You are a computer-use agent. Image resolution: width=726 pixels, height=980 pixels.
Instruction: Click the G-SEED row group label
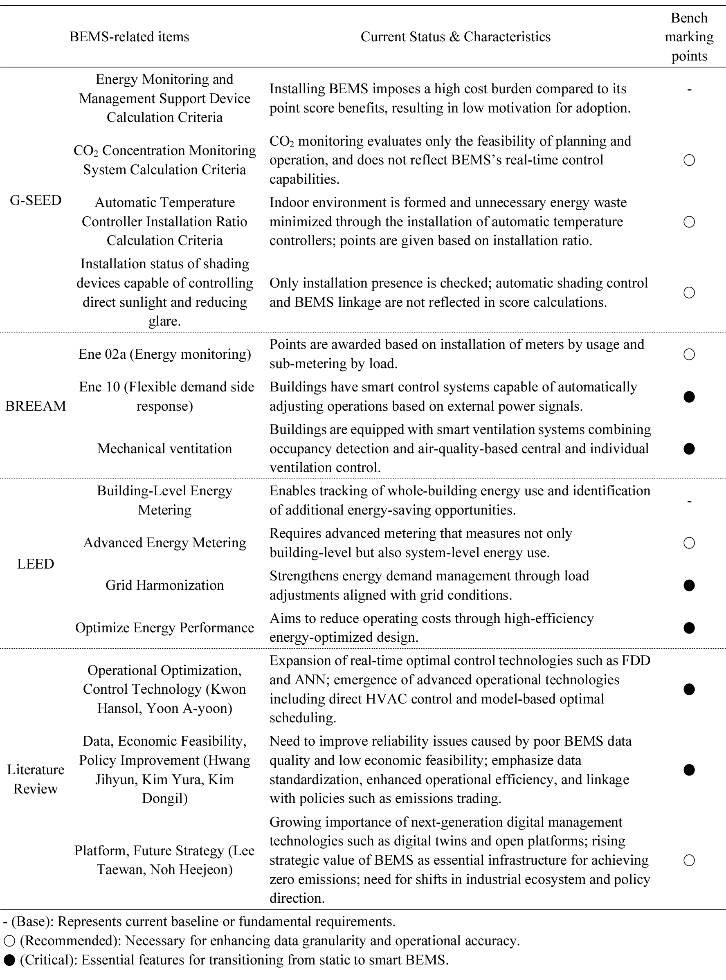coord(36,200)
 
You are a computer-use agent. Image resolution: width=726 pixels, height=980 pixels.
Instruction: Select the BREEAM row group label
coord(36,406)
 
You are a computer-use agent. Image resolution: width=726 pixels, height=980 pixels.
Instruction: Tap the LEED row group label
coord(36,564)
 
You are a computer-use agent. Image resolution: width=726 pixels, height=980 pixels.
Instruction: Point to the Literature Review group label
coord(36,779)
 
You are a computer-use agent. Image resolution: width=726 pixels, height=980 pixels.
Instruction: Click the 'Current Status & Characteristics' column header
coord(455,37)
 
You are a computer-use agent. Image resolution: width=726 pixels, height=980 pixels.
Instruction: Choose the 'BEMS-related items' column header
coord(129,37)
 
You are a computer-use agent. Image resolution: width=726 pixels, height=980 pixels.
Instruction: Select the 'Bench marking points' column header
coord(689,37)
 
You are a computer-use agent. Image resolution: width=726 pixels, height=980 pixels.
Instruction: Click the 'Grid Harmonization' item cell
coord(164,585)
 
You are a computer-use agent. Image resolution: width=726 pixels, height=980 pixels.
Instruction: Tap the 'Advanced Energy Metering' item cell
coord(164,543)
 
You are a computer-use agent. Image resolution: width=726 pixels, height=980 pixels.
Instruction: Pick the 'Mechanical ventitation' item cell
coord(164,449)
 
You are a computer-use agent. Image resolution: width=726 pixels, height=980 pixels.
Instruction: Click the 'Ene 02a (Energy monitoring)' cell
coord(164,354)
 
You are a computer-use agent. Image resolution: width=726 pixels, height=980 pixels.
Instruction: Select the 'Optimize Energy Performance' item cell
coord(164,628)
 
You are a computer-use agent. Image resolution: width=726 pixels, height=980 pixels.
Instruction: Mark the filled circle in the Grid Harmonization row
coord(689,585)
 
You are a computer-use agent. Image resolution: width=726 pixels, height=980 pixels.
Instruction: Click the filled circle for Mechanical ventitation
coord(689,449)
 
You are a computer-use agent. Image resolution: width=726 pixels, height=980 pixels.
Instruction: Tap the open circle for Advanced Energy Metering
coord(689,543)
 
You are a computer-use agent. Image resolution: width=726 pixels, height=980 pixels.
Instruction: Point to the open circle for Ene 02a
coord(689,355)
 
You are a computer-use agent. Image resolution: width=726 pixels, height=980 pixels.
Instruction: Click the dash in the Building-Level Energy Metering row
coord(689,501)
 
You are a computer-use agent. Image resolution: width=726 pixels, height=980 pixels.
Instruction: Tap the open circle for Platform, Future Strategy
coord(689,860)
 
